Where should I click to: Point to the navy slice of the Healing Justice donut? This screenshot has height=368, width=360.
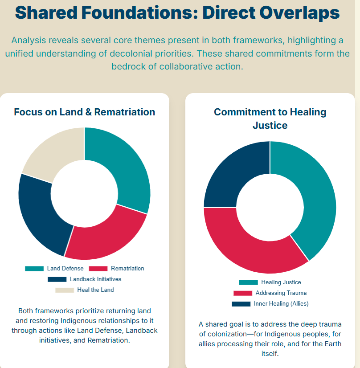[x=231, y=174]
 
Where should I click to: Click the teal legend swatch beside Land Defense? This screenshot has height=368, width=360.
[x=34, y=269]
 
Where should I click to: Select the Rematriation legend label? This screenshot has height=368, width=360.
[x=127, y=269]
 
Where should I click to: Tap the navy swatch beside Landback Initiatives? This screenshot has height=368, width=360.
[x=57, y=279]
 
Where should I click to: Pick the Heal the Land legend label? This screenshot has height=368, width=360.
[x=95, y=290]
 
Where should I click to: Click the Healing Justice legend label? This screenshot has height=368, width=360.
[x=281, y=282]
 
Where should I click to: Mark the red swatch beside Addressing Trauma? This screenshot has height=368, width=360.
[x=243, y=293]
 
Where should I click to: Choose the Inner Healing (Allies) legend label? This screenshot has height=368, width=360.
[x=281, y=304]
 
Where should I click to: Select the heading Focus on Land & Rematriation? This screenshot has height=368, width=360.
[x=85, y=112]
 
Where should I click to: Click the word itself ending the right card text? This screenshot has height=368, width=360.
[x=270, y=353]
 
